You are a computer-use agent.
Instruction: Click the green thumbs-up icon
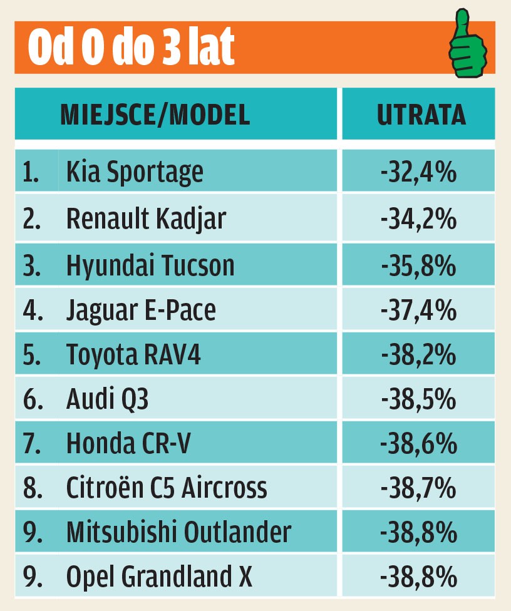point(467,46)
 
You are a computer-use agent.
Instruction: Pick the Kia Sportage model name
point(135,171)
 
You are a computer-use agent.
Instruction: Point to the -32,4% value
point(418,171)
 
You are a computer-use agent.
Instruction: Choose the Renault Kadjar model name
point(146,218)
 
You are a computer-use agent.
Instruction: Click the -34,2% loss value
point(418,218)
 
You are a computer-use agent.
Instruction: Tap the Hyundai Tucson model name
point(150,265)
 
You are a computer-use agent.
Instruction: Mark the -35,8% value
point(418,265)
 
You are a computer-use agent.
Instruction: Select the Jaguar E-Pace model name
point(141,311)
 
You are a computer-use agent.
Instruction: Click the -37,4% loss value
point(418,311)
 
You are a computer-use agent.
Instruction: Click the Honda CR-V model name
point(128,444)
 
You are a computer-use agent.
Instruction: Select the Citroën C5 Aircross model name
point(167,488)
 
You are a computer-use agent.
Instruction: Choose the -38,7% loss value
point(418,488)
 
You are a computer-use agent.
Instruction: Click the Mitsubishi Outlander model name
point(178,532)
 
